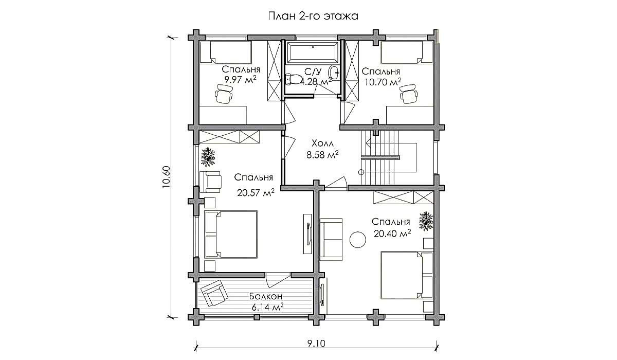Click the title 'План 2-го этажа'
(313, 16)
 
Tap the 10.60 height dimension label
(167, 177)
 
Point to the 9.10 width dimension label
(316, 344)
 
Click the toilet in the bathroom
(294, 79)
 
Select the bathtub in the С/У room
(313, 52)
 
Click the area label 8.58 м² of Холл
(322, 155)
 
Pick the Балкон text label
(266, 296)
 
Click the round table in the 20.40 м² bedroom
(358, 240)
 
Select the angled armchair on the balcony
(214, 293)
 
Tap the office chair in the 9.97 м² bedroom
(223, 94)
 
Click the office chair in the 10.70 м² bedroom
(409, 94)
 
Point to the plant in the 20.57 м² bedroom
(208, 157)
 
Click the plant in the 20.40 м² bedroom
(426, 221)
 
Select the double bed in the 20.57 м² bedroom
(231, 235)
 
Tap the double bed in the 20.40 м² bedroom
(407, 275)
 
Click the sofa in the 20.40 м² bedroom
(331, 240)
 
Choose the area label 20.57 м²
(256, 192)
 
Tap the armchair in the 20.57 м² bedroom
(210, 182)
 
